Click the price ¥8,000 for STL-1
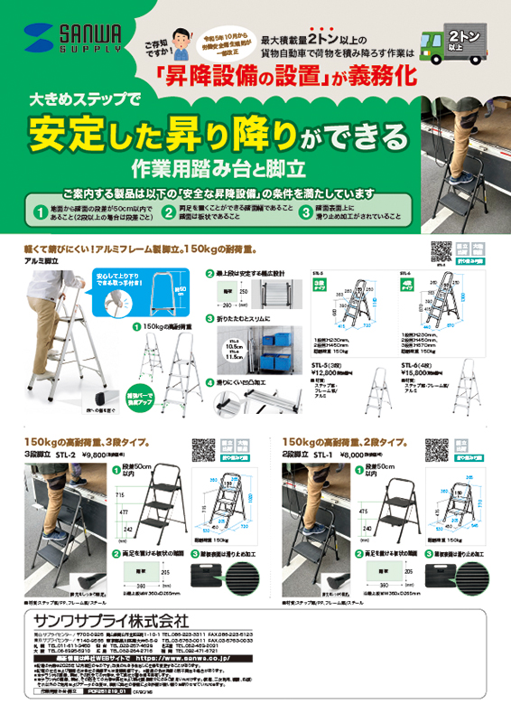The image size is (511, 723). tap(353, 455)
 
